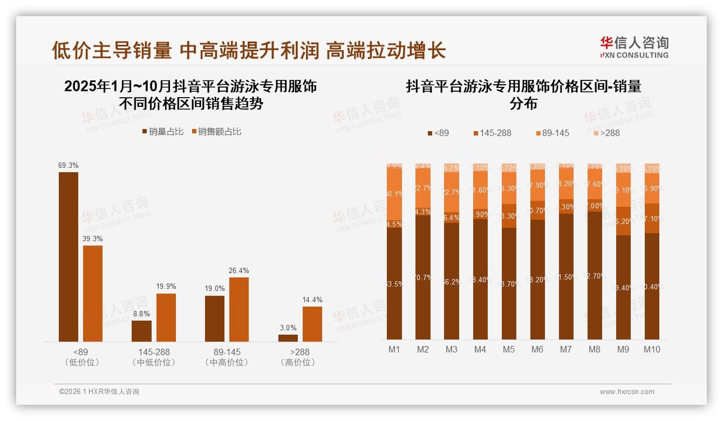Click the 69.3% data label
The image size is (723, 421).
69,165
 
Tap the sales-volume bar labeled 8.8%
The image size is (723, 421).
141,331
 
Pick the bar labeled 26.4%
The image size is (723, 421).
239,309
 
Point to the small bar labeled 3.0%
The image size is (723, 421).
288,338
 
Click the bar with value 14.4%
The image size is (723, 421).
312,324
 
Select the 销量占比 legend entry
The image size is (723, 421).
163,132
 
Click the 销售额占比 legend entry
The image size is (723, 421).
216,132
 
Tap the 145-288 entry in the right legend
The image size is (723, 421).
492,133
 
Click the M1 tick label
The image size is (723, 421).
394,349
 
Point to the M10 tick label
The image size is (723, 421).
652,349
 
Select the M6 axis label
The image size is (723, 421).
537,349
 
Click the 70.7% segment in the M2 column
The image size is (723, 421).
423,277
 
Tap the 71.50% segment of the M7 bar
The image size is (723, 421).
566,276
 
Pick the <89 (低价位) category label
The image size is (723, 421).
82,357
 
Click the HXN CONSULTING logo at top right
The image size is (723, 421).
635,47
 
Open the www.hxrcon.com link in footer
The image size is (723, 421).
627,392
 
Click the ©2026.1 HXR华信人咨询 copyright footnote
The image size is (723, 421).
99,392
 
